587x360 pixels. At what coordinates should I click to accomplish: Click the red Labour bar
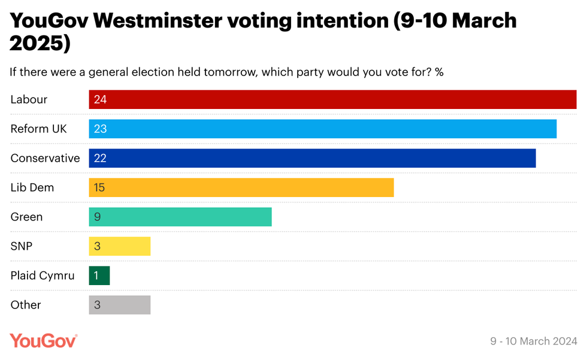click(x=332, y=99)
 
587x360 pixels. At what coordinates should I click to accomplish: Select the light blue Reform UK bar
click(x=323, y=129)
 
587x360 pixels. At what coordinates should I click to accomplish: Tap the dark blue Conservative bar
click(x=312, y=158)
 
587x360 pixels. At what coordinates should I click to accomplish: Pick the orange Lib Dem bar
click(x=241, y=187)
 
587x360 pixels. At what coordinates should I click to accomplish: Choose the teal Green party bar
click(x=180, y=217)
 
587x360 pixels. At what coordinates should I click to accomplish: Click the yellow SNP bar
click(x=120, y=246)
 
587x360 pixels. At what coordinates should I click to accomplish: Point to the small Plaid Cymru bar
click(x=99, y=276)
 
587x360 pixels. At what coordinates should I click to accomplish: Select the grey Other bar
click(x=120, y=305)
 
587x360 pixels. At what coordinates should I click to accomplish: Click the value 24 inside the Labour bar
click(x=100, y=99)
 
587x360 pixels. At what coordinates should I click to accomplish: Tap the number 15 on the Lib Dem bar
click(x=99, y=187)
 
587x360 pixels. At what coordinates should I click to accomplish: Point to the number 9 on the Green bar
click(x=97, y=217)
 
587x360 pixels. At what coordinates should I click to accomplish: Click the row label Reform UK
click(x=38, y=129)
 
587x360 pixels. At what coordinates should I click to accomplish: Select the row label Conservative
click(x=45, y=158)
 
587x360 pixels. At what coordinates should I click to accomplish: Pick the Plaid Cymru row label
click(x=43, y=276)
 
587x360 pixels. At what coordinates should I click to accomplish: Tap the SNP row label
click(x=22, y=246)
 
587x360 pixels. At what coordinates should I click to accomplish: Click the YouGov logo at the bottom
click(x=44, y=341)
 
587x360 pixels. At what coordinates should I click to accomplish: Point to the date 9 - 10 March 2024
click(x=533, y=341)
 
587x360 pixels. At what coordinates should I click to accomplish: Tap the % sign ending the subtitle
click(x=439, y=72)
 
